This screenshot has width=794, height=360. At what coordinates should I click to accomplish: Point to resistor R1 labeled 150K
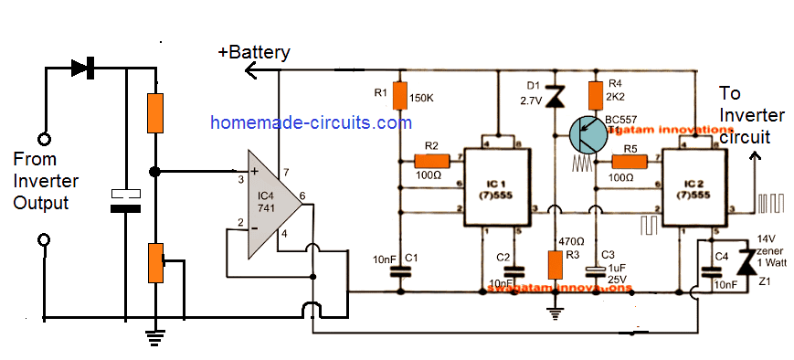pos(398,94)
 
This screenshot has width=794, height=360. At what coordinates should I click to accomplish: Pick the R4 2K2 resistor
pos(596,94)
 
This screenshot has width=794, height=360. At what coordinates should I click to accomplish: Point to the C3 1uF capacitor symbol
pos(596,269)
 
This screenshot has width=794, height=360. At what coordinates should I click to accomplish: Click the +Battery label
pos(253,52)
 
